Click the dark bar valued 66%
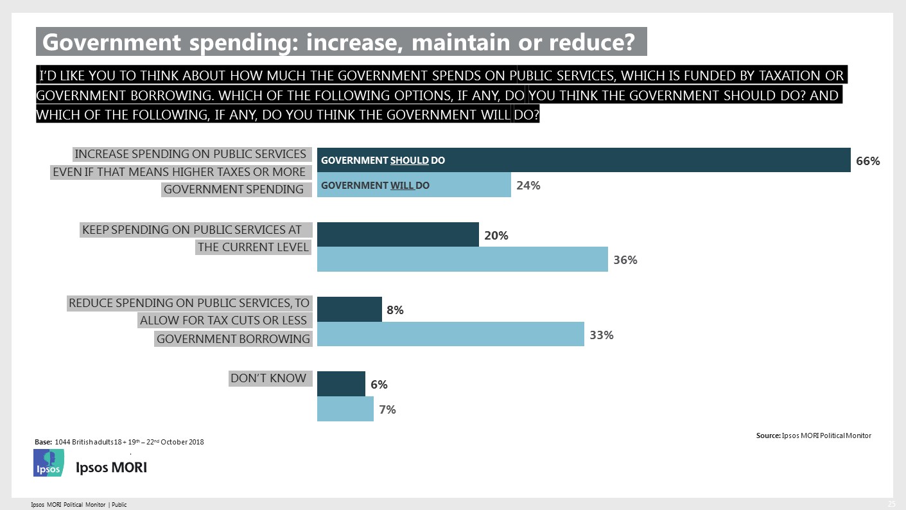pyautogui.click(x=584, y=160)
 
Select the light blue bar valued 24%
pyautogui.click(x=414, y=185)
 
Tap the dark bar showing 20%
pyautogui.click(x=398, y=234)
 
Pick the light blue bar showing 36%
pyautogui.click(x=462, y=259)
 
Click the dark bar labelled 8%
pyautogui.click(x=349, y=309)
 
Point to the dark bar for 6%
pyautogui.click(x=341, y=383)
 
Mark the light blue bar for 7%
pyautogui.click(x=345, y=409)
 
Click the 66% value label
pyautogui.click(x=868, y=162)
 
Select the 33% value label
pyautogui.click(x=602, y=335)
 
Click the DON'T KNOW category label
pyautogui.click(x=268, y=378)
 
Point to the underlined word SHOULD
pyautogui.click(x=409, y=161)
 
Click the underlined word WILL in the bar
pyautogui.click(x=402, y=186)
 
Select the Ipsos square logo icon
pyautogui.click(x=49, y=463)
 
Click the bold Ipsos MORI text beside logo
pyautogui.click(x=111, y=468)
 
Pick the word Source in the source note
pyautogui.click(x=768, y=435)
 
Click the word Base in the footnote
pyautogui.click(x=42, y=442)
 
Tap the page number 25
pyautogui.click(x=891, y=502)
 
